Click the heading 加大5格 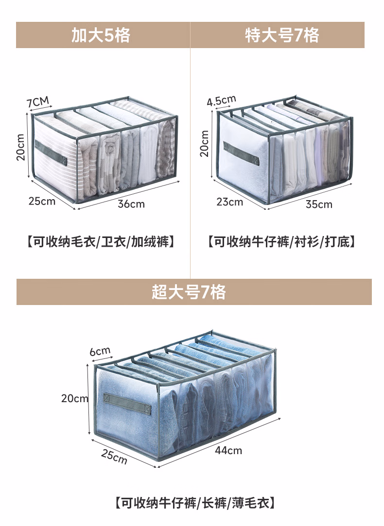(101, 35)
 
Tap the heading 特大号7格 (282, 35)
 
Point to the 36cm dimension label (131, 204)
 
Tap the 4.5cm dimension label (221, 101)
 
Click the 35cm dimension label (319, 204)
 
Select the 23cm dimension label (230, 202)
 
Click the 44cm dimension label (228, 450)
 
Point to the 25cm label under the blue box (114, 456)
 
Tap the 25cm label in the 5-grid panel (42, 200)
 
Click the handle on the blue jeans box (125, 402)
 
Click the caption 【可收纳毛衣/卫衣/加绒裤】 (101, 241)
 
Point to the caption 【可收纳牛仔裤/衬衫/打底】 (282, 241)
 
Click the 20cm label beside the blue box (75, 398)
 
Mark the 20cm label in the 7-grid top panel (205, 143)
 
